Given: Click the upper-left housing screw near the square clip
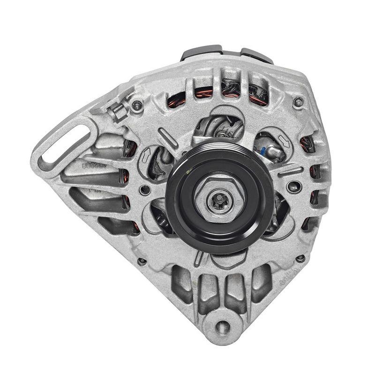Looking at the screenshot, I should coord(136,106).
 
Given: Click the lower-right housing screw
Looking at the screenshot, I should coord(300,258).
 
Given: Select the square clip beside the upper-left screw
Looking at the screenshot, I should coord(117,112).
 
